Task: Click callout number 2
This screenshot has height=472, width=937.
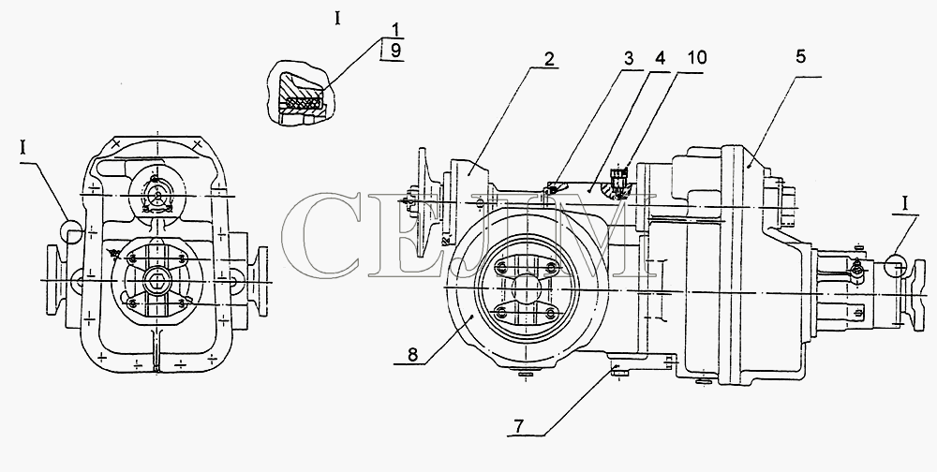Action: pos(548,59)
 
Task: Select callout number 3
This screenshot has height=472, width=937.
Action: pos(629,59)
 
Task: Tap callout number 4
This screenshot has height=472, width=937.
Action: pos(659,59)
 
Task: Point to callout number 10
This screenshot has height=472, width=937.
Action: pos(695,58)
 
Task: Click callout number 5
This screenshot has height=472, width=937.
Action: pos(801,56)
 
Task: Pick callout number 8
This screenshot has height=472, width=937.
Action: pos(412,355)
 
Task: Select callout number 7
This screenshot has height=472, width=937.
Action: pos(518,427)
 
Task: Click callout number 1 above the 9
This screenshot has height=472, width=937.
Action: pos(396,30)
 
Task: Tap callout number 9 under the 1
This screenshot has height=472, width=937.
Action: pos(396,52)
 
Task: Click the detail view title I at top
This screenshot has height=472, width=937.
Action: pos(337,19)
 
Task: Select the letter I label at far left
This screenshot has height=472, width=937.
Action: pos(23,148)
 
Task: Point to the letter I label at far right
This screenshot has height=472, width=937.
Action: pos(905,204)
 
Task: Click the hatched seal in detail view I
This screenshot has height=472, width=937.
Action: pos(304,103)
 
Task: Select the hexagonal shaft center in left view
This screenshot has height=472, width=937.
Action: pos(156,280)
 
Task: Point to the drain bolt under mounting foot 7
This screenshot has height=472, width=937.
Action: pos(619,374)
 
